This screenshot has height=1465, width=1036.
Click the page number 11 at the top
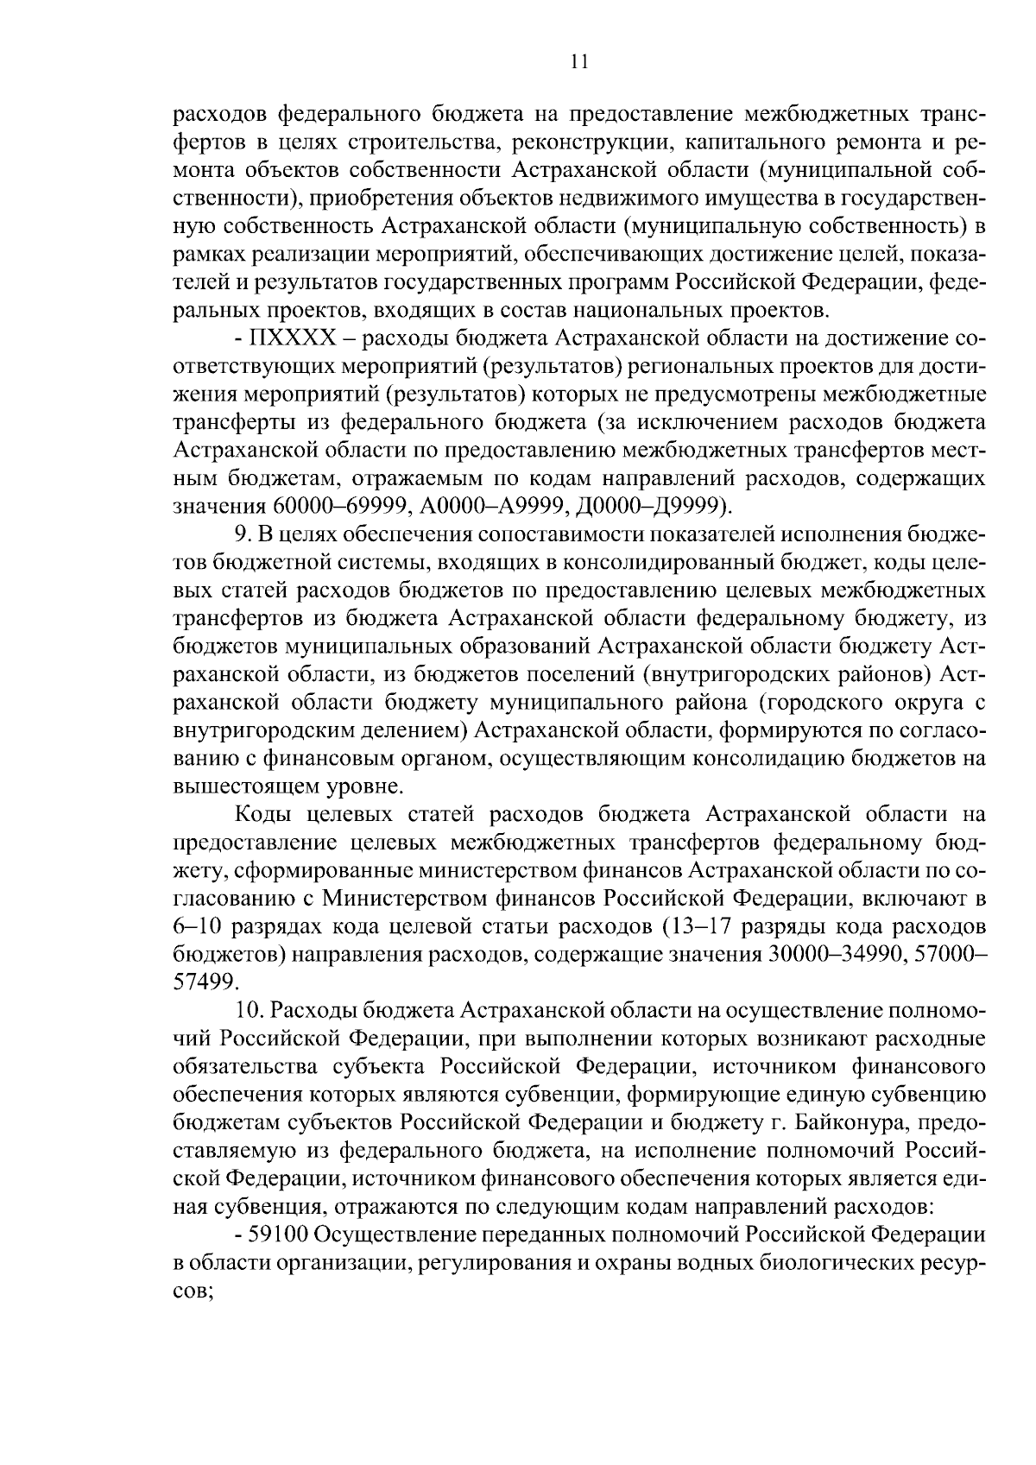click(x=579, y=61)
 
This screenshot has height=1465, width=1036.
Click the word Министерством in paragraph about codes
click(x=400, y=898)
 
